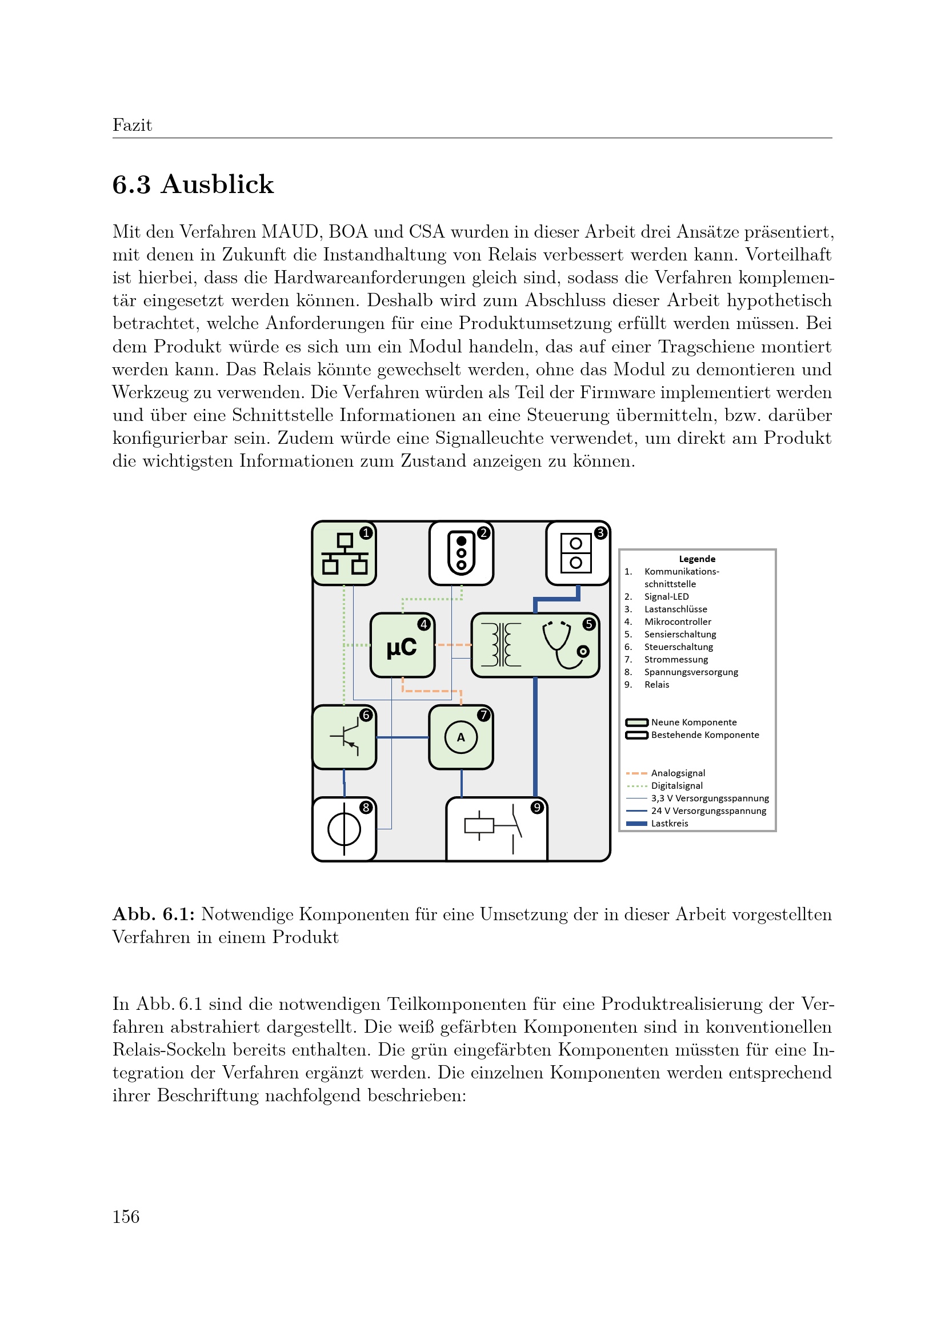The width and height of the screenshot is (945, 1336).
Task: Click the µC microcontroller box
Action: pyautogui.click(x=402, y=645)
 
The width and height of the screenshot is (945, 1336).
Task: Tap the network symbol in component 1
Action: pyautogui.click(x=345, y=554)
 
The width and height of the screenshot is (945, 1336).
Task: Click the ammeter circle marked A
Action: pyautogui.click(x=461, y=737)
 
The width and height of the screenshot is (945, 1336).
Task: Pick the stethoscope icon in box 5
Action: pyautogui.click(x=565, y=645)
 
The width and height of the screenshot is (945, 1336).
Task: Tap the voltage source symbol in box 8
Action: pyautogui.click(x=344, y=829)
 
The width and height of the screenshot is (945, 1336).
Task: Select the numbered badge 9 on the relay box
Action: pyautogui.click(x=537, y=808)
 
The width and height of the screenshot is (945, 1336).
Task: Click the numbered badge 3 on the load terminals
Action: pyautogui.click(x=600, y=532)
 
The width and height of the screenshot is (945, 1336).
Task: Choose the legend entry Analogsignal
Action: pyautogui.click(x=678, y=773)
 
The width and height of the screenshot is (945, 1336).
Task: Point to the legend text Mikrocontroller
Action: pyautogui.click(x=678, y=622)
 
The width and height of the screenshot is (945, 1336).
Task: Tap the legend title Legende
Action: pyautogui.click(x=697, y=559)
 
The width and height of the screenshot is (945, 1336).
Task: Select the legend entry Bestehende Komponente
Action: pyautogui.click(x=704, y=735)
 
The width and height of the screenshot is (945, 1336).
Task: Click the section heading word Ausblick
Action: pyautogui.click(x=217, y=184)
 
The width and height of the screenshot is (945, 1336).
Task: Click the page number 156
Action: pyautogui.click(x=126, y=1217)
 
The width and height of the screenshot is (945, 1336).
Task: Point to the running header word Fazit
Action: pyautogui.click(x=132, y=125)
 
